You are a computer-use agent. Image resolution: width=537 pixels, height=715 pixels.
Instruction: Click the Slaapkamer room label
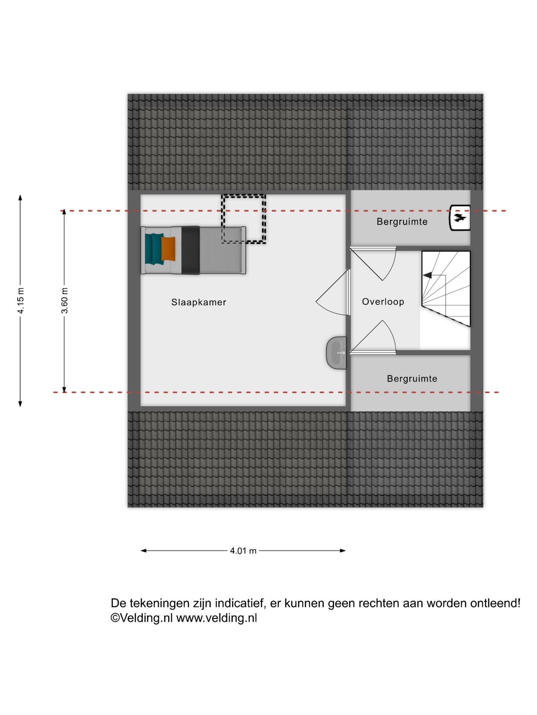click(199, 302)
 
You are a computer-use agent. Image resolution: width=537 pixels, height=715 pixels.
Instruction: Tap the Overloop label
click(383, 302)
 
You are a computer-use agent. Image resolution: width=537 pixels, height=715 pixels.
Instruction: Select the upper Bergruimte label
click(402, 222)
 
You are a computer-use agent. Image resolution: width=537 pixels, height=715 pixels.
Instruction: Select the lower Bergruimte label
click(412, 379)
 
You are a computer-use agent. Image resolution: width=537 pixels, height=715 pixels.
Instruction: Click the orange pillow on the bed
click(168, 249)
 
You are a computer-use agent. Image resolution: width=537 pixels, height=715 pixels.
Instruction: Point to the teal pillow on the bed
click(154, 249)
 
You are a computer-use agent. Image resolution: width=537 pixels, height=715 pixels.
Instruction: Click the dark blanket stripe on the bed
click(191, 250)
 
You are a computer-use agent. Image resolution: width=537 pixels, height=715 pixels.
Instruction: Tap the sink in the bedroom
click(336, 353)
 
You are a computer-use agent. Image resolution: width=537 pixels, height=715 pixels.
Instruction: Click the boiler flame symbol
click(459, 218)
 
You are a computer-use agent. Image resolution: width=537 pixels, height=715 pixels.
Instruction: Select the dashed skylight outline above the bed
click(244, 219)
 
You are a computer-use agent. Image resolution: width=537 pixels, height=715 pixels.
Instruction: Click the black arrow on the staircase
click(427, 275)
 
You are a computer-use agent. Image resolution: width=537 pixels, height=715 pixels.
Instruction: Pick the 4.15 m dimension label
click(21, 301)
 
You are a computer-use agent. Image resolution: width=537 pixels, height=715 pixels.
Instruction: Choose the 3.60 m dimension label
click(65, 301)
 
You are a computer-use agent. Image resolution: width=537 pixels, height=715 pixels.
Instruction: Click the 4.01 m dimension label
click(243, 551)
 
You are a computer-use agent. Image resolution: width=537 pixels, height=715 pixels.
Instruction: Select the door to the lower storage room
click(373, 336)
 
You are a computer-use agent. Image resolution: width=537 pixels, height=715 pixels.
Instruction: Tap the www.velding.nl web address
click(217, 618)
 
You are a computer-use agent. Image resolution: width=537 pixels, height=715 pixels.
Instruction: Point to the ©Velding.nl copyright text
click(142, 618)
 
